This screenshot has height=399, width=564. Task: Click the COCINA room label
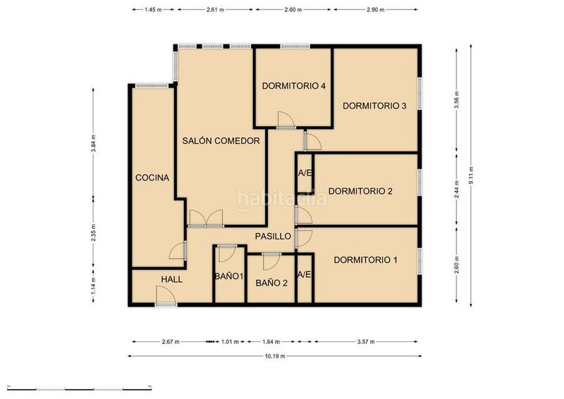(x=152, y=178)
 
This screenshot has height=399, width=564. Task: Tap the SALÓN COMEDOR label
(x=221, y=141)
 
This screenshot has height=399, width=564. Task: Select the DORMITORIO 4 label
(x=294, y=86)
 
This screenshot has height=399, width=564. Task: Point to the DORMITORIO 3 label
(x=374, y=106)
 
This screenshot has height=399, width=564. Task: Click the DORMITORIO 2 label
(x=360, y=191)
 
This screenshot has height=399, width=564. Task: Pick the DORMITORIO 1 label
(x=366, y=259)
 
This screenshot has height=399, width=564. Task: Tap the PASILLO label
(x=273, y=236)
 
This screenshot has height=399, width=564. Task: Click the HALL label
(x=171, y=280)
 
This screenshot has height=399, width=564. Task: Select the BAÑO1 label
(x=229, y=276)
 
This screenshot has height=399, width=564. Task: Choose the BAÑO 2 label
(x=271, y=283)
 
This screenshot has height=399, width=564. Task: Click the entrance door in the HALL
(x=166, y=296)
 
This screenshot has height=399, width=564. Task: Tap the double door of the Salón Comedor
(x=206, y=219)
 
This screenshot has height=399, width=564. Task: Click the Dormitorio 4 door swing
(x=286, y=120)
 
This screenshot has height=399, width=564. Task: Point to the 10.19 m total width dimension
(x=275, y=356)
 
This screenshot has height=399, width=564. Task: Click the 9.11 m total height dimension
(x=471, y=176)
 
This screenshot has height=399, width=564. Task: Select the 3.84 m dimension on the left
(x=93, y=143)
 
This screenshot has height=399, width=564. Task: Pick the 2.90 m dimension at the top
(x=376, y=10)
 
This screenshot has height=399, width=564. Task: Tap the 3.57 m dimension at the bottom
(x=366, y=342)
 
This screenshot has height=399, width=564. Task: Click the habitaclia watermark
(x=282, y=199)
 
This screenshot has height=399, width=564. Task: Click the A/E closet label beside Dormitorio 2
(x=305, y=173)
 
